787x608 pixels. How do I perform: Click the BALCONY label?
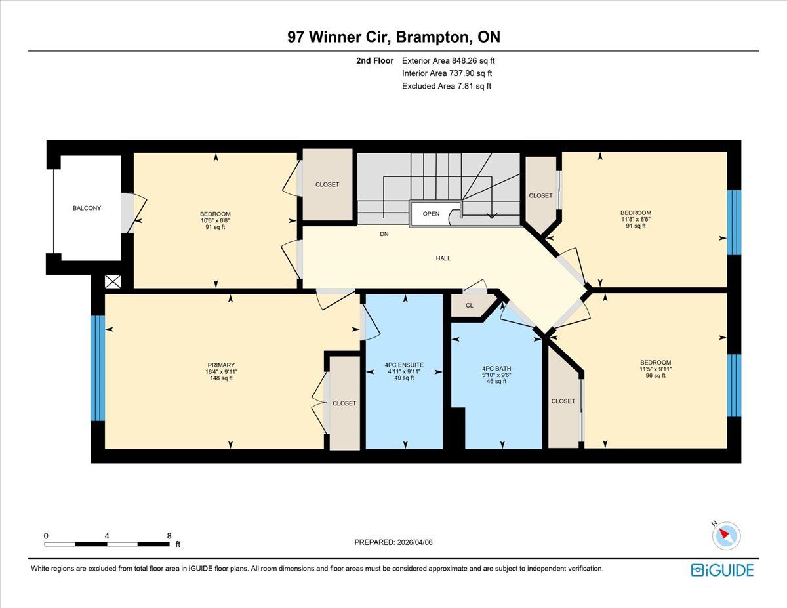[x=87, y=208]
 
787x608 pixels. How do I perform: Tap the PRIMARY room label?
[x=221, y=365]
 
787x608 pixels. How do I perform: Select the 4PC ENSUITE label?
[x=404, y=365]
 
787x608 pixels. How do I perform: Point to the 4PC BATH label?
[x=496, y=369]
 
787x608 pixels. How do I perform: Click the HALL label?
[x=443, y=258]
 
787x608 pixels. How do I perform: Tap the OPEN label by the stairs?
[x=431, y=214]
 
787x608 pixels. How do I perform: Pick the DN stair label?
[x=384, y=234]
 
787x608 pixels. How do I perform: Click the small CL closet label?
[x=470, y=306]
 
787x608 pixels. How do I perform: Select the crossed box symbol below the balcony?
[x=113, y=282]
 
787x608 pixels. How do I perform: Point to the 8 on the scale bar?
[x=169, y=536]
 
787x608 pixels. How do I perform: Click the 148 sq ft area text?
[x=221, y=378]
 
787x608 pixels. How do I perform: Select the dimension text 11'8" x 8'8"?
[x=636, y=220]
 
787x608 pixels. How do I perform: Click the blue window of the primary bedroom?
[x=98, y=369]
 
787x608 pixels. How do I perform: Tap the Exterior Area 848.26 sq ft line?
[x=449, y=61]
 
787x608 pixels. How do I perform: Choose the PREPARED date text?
[x=393, y=542]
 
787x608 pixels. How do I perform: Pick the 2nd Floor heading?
[x=375, y=61]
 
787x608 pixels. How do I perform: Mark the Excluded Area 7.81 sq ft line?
[x=447, y=86]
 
